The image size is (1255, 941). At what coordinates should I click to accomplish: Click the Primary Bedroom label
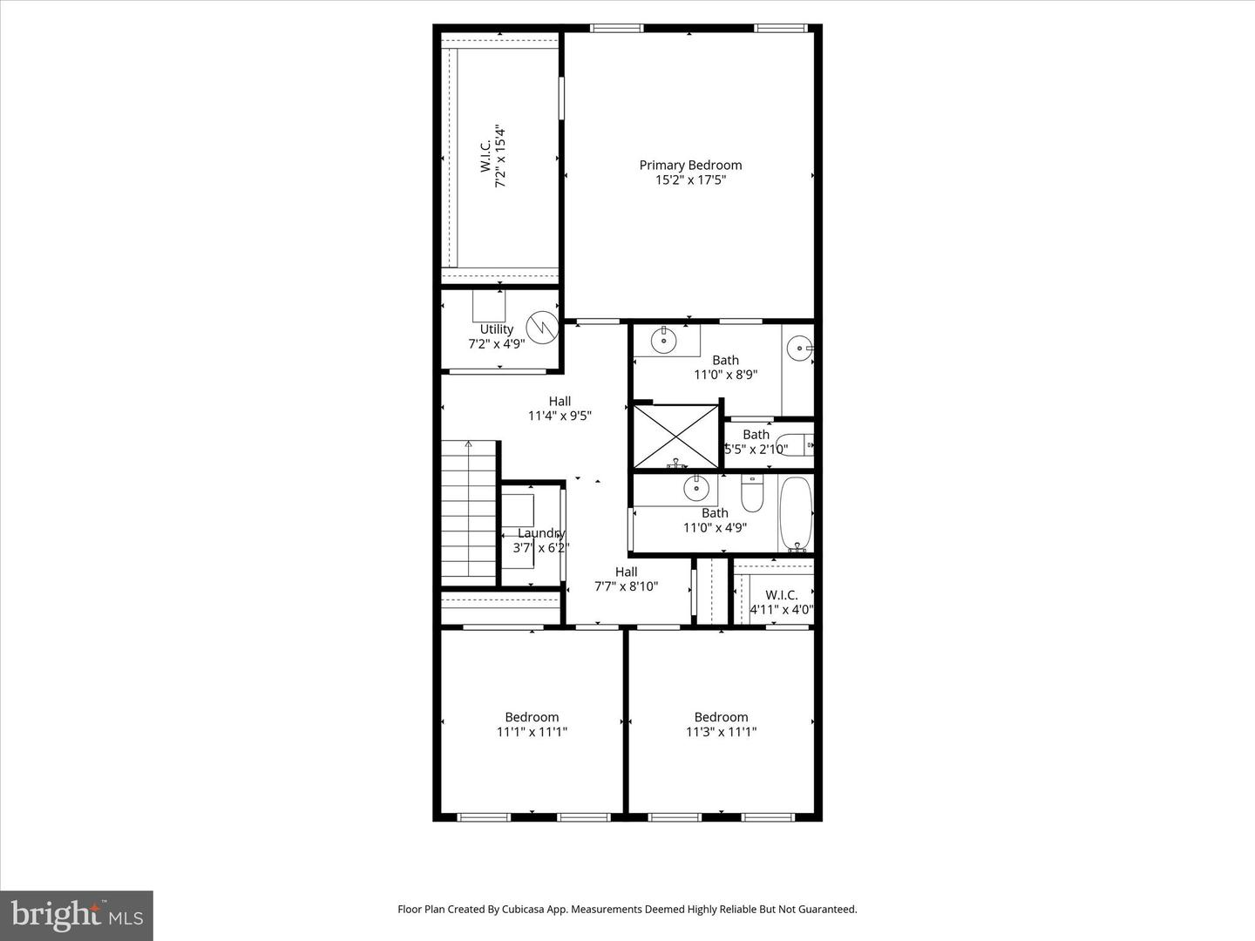pos(690,165)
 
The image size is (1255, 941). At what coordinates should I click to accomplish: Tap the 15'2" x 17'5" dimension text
pos(690,180)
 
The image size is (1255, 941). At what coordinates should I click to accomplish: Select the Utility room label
pos(496,328)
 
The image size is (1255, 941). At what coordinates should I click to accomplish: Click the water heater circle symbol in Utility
pos(541,328)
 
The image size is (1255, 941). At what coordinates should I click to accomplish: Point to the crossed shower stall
pos(675,436)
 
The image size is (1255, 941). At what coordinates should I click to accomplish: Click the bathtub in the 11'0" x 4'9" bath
pos(795,513)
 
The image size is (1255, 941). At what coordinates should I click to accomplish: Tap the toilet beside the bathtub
pos(751,494)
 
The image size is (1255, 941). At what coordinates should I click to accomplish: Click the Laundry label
pos(541,533)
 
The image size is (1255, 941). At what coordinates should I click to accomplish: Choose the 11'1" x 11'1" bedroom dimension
pos(532,732)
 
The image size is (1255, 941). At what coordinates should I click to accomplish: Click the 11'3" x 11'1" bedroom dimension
pos(721,732)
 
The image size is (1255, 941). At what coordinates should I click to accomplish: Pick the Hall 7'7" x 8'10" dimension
pos(626,586)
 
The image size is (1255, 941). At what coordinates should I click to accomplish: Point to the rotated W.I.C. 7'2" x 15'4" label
pos(493,158)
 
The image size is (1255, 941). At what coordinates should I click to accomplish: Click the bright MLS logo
pos(77,915)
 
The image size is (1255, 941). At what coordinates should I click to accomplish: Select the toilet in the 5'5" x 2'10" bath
pos(795,445)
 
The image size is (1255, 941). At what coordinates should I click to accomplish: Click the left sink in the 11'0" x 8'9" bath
pos(664,339)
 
